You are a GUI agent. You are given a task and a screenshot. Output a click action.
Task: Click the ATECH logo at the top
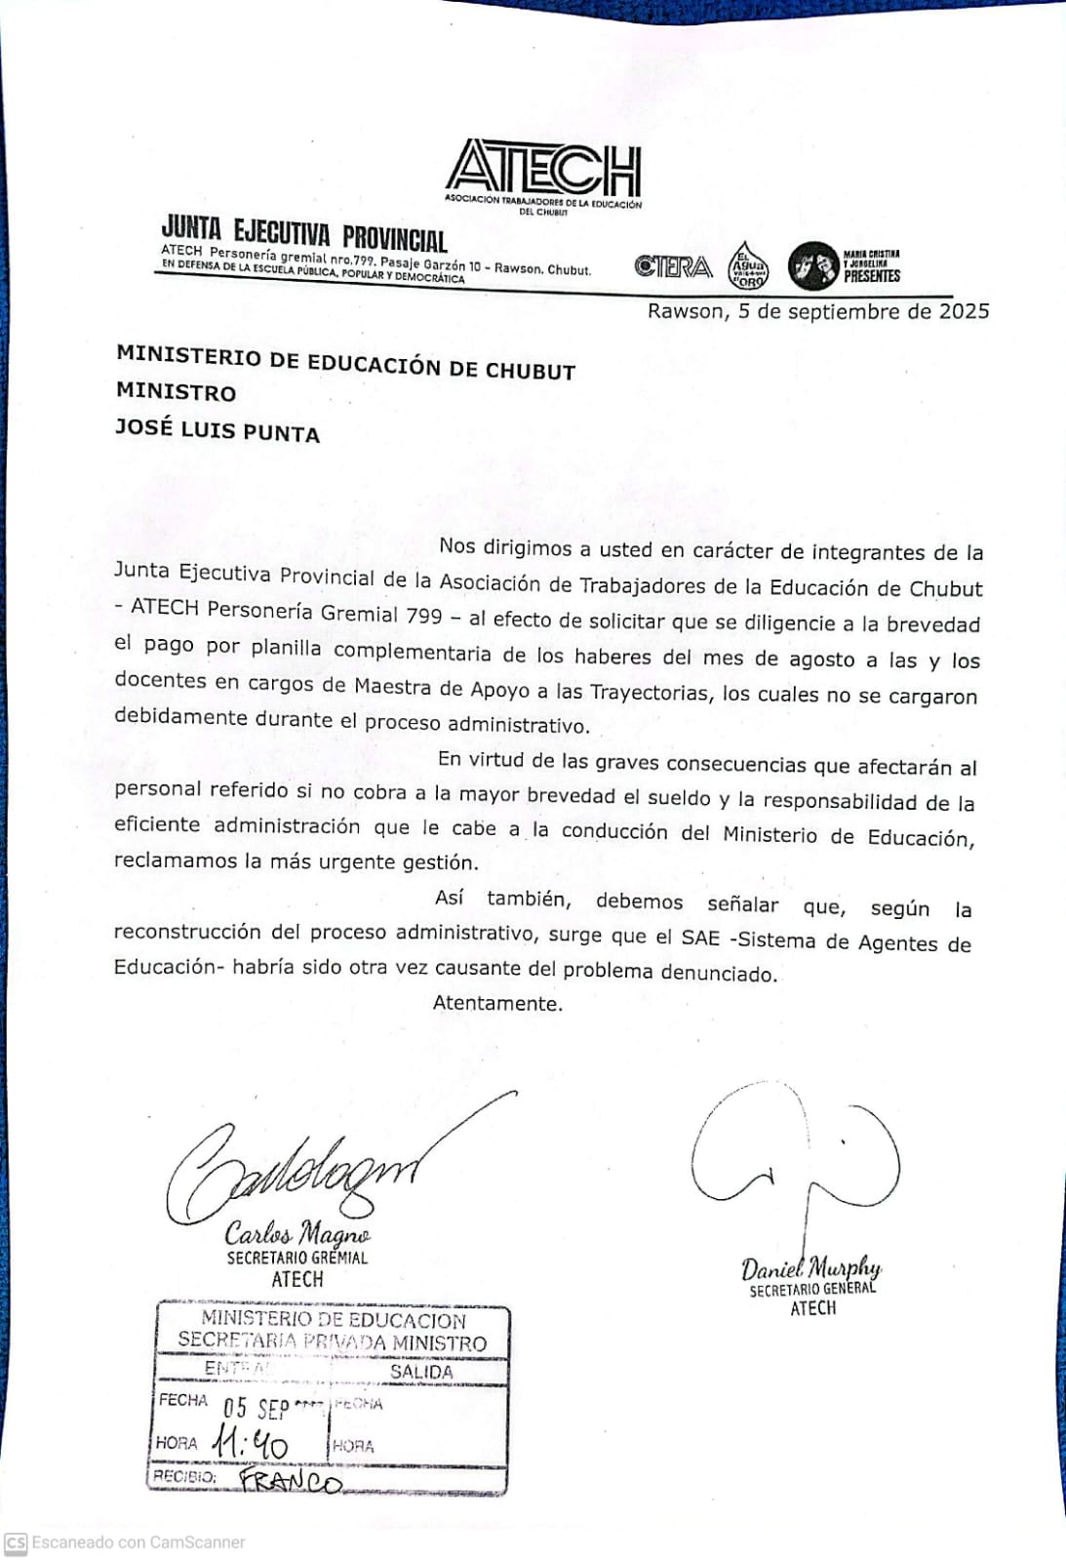coord(544,168)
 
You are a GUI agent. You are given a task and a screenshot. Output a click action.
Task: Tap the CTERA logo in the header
coord(673,266)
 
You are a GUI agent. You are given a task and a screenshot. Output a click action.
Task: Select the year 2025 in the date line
coord(964,311)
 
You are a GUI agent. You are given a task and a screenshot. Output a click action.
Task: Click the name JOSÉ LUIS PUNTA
coord(217,429)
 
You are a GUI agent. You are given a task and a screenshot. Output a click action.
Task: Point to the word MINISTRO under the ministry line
coord(176,392)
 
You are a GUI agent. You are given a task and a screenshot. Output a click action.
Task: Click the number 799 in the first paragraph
coord(423,616)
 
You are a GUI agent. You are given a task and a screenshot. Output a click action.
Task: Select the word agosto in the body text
coord(821,659)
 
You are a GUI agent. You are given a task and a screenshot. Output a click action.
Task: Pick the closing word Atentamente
coord(497,1003)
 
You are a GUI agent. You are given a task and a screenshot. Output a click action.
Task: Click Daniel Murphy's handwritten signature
coord(795,1151)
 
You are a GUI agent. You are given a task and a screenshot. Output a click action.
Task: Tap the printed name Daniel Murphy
coord(810,1267)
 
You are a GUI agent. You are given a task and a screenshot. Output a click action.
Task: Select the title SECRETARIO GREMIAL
coord(297,1258)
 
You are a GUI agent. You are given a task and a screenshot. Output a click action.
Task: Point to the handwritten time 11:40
coord(250,1442)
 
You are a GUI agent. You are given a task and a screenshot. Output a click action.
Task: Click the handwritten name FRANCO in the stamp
coord(291,1481)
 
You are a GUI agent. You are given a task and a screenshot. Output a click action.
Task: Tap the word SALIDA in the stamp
coord(421,1372)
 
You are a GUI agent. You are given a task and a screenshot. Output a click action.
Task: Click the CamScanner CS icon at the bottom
coord(16,1543)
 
